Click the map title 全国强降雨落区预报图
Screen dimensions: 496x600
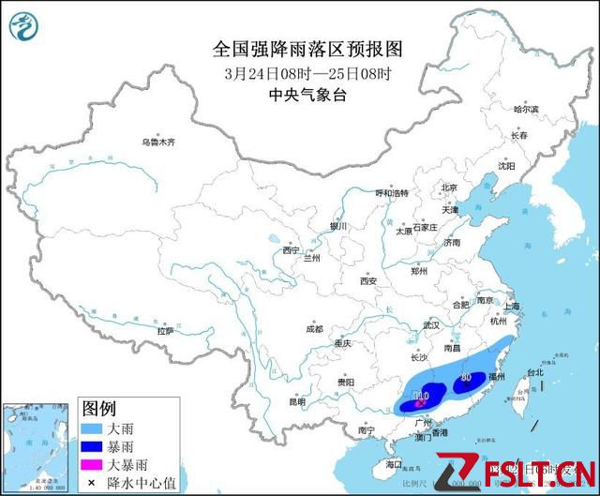click(x=293, y=48)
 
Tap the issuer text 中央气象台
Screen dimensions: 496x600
click(x=293, y=95)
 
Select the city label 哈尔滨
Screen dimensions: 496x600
click(x=526, y=110)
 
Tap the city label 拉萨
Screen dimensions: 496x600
click(x=166, y=330)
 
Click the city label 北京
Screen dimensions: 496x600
click(x=448, y=188)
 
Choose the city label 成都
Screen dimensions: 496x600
click(x=313, y=329)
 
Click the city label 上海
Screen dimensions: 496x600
click(x=511, y=306)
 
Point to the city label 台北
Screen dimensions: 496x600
click(x=534, y=372)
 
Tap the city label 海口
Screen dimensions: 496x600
click(x=394, y=464)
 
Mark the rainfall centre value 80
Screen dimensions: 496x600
click(x=467, y=379)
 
